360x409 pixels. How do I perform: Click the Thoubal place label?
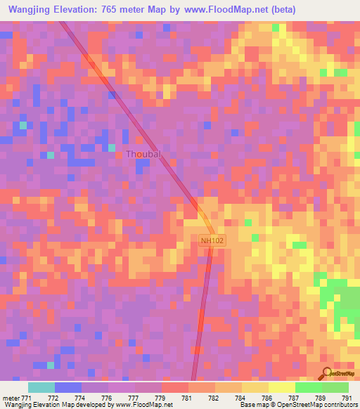click(143, 154)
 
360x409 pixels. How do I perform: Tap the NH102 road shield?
click(212, 240)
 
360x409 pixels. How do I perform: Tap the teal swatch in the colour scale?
click(41, 387)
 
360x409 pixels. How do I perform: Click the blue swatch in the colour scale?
click(68, 387)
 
